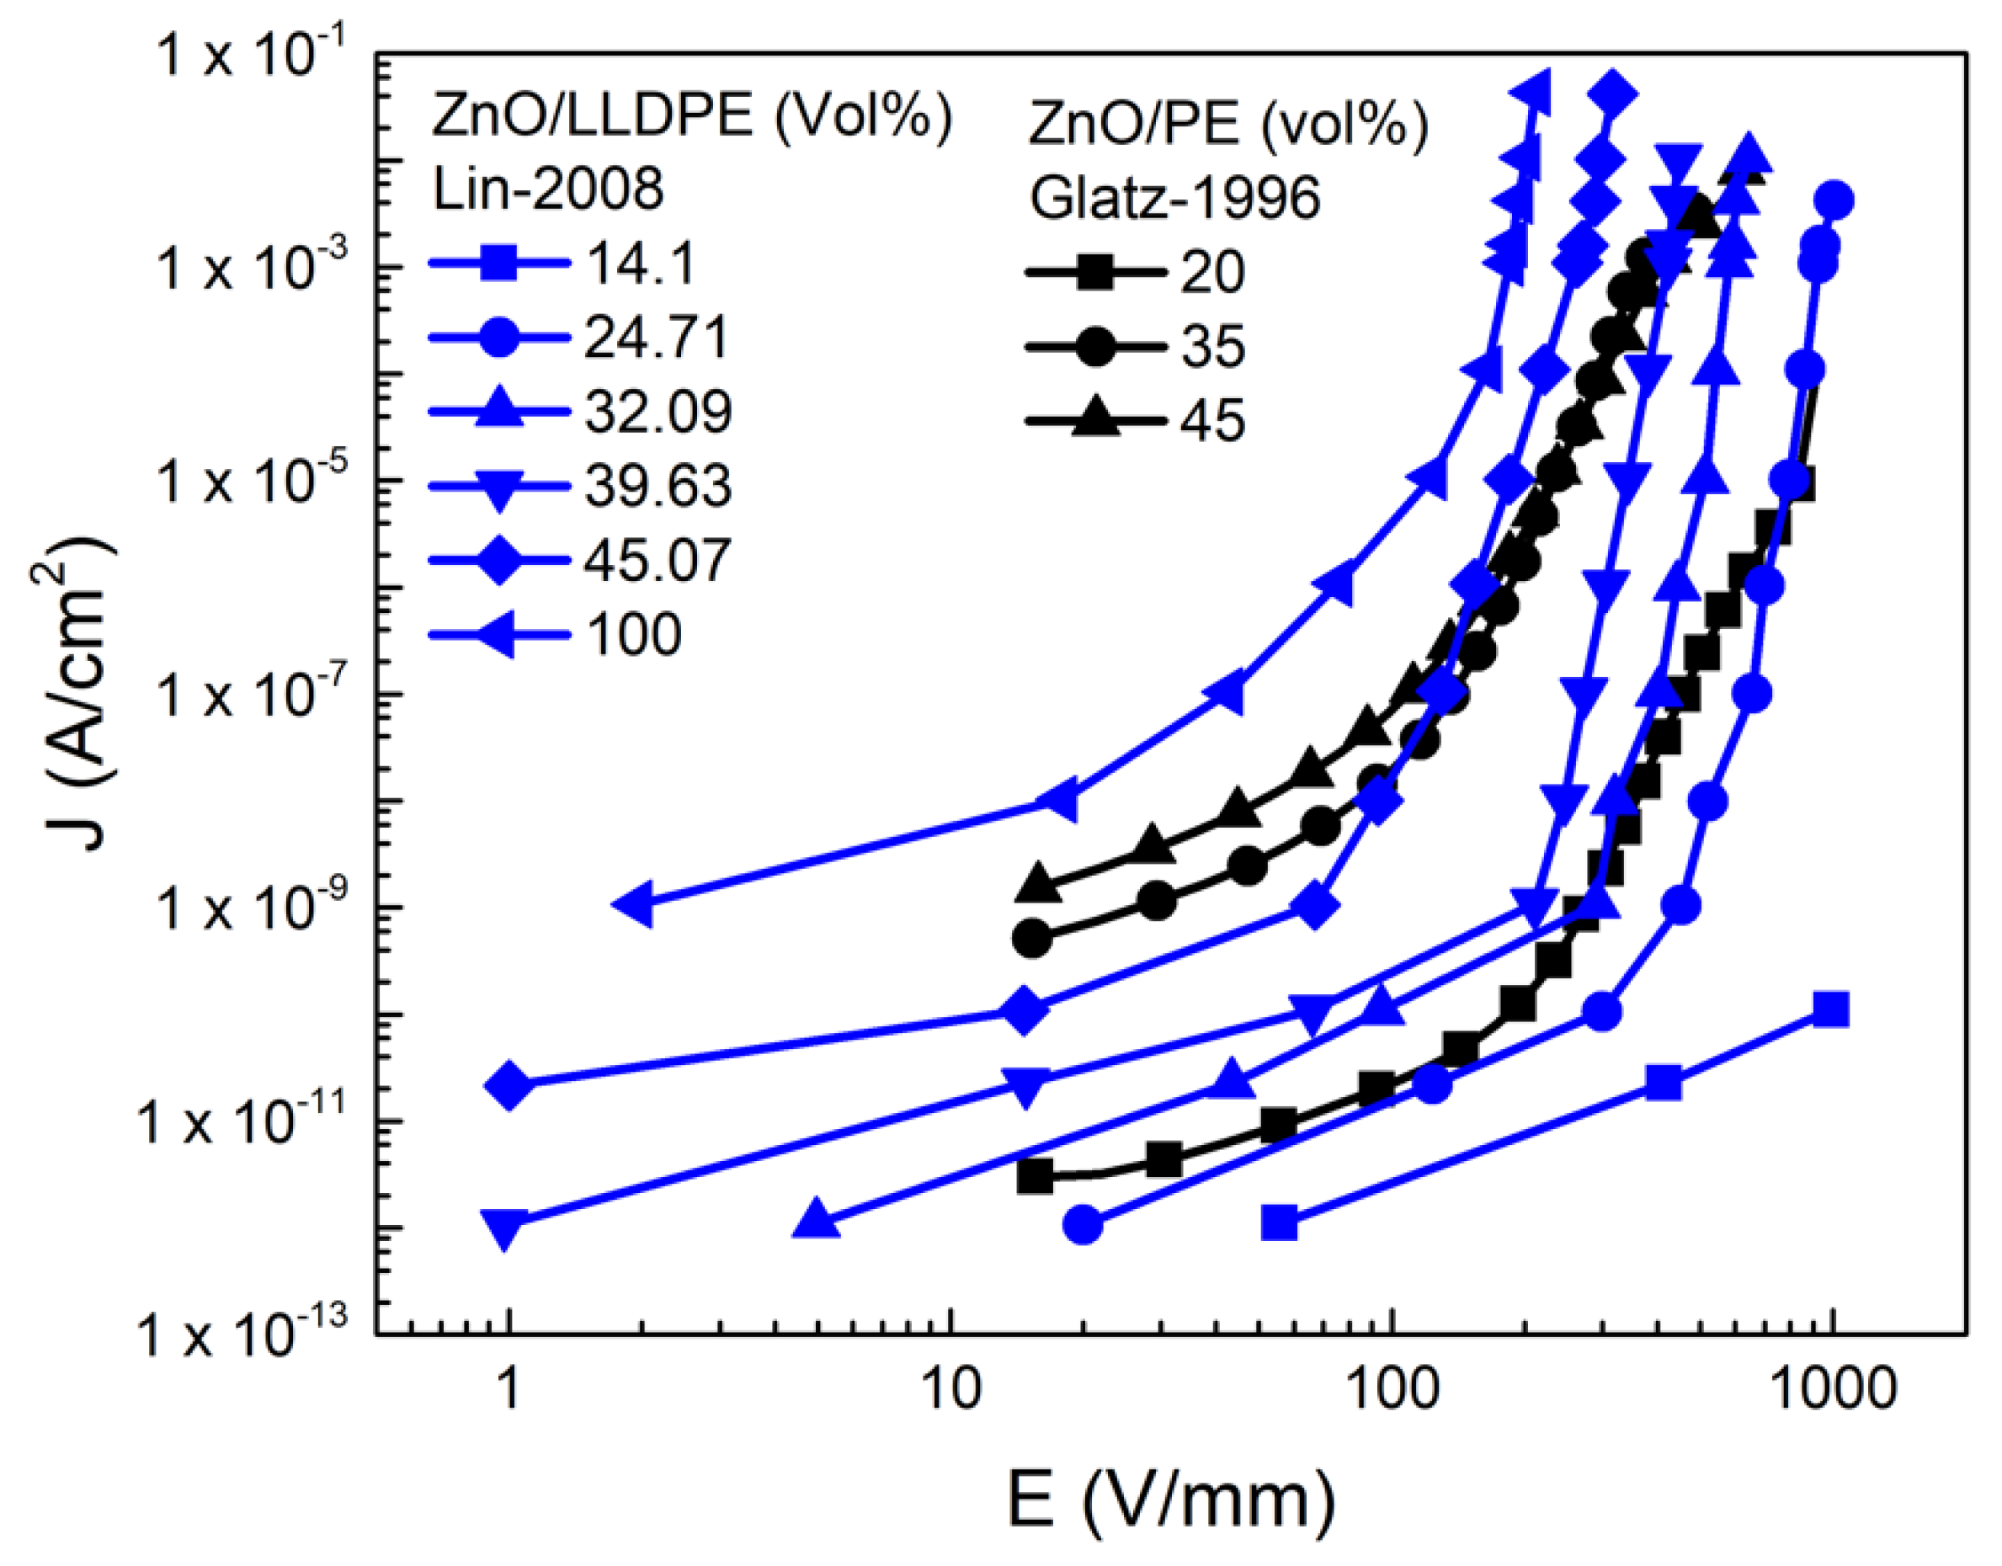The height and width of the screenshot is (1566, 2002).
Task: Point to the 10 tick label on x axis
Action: tap(951, 1390)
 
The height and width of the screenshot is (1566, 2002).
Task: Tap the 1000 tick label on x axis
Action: tap(1831, 1390)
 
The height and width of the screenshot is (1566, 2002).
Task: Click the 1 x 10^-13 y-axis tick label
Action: tap(243, 1333)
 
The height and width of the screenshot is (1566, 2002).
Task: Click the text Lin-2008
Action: tap(548, 189)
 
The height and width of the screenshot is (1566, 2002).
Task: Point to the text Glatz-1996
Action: tap(1174, 197)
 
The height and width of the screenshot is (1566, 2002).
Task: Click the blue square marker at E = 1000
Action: tap(1830, 1009)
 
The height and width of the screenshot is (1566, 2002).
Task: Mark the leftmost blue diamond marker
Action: tap(510, 1084)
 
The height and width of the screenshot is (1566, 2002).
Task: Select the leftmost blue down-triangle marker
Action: tap(504, 1227)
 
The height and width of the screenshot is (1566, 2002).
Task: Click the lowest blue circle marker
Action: tap(1084, 1223)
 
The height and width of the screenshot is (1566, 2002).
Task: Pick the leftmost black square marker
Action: tap(1036, 1176)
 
